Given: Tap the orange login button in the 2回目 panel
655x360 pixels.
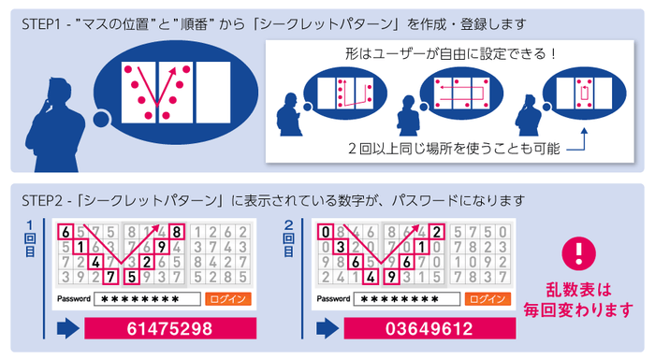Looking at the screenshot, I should (487, 299).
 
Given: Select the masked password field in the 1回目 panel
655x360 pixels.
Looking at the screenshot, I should (149, 299).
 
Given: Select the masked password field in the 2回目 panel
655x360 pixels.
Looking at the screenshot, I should (408, 299).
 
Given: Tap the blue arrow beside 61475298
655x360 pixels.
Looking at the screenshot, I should (67, 329).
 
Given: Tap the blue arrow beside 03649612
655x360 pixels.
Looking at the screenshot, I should (327, 329).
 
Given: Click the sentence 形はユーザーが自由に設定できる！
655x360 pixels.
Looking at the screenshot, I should (449, 53).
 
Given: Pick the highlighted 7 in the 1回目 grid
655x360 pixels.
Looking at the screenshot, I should (111, 276).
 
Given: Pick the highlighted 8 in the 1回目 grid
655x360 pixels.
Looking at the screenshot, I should (177, 232).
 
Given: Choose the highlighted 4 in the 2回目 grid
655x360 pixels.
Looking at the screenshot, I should (371, 276).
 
